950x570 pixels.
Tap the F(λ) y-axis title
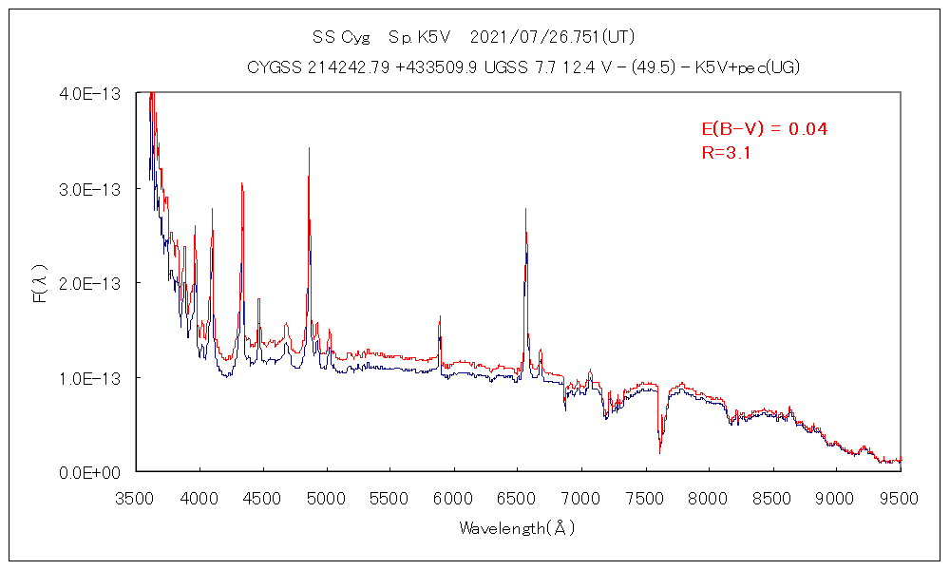(40, 283)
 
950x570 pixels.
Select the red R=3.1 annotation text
(727, 152)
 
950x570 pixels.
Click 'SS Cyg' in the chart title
(339, 38)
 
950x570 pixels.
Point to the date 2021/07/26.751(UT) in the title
(552, 38)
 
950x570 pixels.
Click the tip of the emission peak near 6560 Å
(525, 209)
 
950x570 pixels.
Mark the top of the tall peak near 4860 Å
(309, 148)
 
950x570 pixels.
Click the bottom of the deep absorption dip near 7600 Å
(659, 454)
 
